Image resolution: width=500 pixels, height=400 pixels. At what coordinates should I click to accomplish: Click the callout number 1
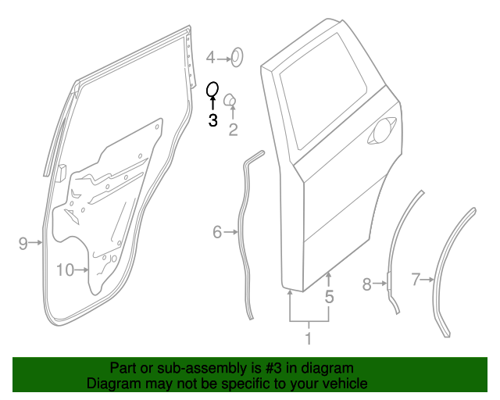[308, 338]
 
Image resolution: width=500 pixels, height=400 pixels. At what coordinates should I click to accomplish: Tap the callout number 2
[233, 130]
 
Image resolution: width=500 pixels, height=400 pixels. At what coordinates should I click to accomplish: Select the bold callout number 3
[212, 120]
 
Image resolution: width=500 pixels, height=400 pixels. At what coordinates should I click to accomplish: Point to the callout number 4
[210, 57]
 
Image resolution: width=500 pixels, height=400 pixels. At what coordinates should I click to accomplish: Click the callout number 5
[329, 297]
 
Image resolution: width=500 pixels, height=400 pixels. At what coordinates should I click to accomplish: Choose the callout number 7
[416, 277]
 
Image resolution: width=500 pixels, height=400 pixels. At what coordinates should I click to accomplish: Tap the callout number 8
[366, 284]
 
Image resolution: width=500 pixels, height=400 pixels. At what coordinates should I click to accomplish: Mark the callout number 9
[23, 244]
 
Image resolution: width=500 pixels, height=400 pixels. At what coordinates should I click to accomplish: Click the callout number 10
[65, 270]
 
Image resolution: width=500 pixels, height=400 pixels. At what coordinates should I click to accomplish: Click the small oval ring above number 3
[212, 91]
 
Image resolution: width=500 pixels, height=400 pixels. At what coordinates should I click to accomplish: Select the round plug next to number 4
[237, 56]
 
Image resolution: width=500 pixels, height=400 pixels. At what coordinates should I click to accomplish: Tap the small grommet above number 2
[231, 99]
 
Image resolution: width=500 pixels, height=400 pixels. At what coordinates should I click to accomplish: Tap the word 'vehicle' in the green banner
[344, 384]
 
